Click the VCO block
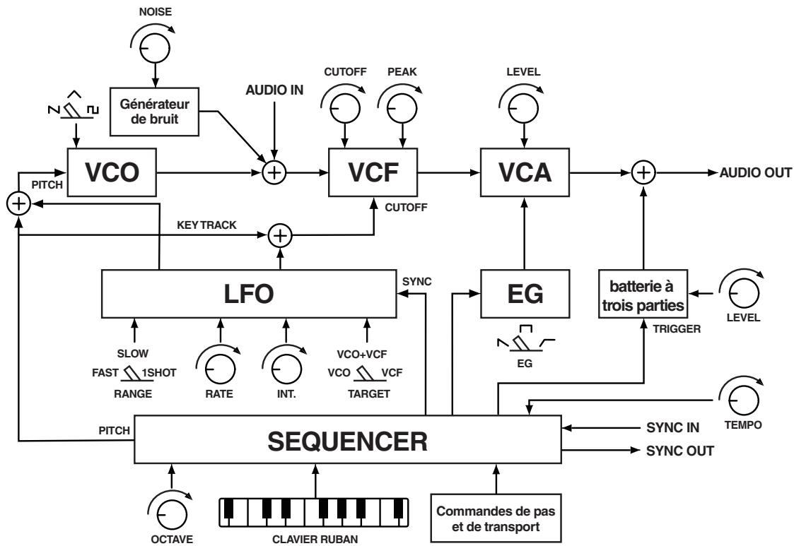112,172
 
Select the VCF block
373,172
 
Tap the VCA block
525,172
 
